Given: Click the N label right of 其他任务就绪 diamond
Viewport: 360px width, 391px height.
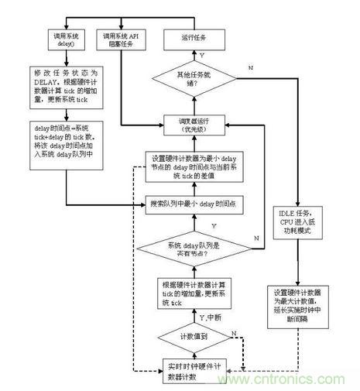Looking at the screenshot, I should point(249,68).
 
